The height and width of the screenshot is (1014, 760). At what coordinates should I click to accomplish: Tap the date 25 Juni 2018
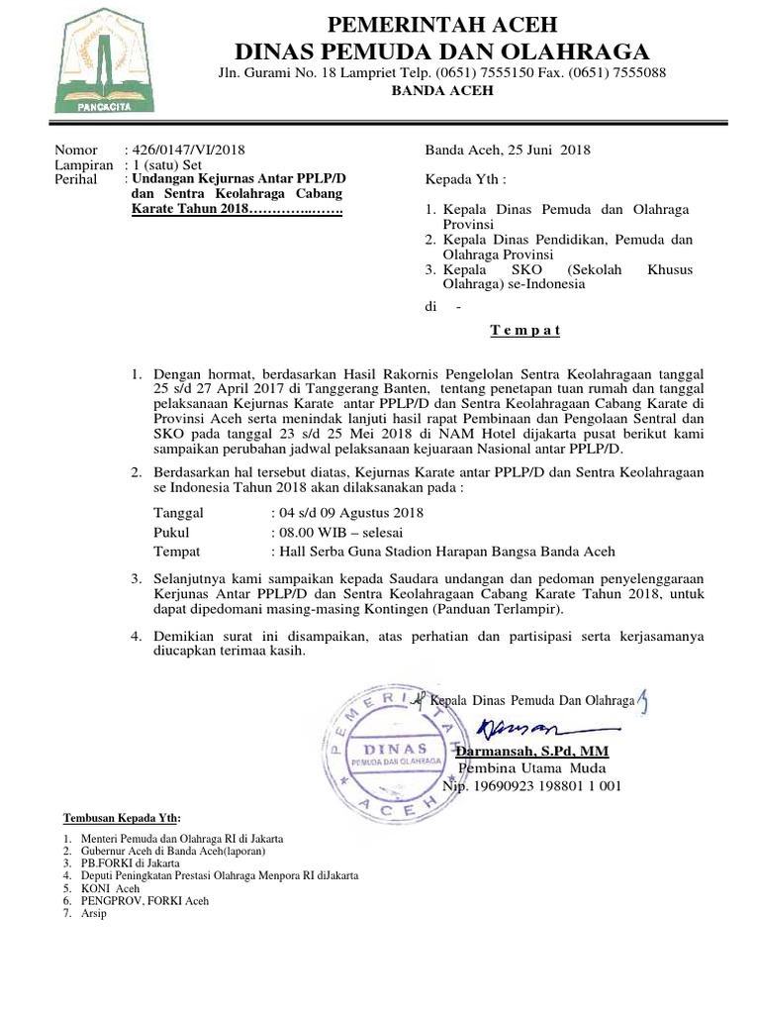click(x=548, y=150)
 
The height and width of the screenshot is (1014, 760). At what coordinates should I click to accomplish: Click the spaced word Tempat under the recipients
click(x=525, y=331)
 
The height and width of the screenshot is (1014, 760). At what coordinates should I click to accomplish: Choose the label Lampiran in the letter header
click(x=84, y=164)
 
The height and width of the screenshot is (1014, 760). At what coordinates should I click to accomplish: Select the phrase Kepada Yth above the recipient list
click(x=465, y=180)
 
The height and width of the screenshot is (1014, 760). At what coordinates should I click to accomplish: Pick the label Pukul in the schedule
click(x=171, y=532)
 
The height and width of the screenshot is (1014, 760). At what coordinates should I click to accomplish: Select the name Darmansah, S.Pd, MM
click(x=531, y=753)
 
